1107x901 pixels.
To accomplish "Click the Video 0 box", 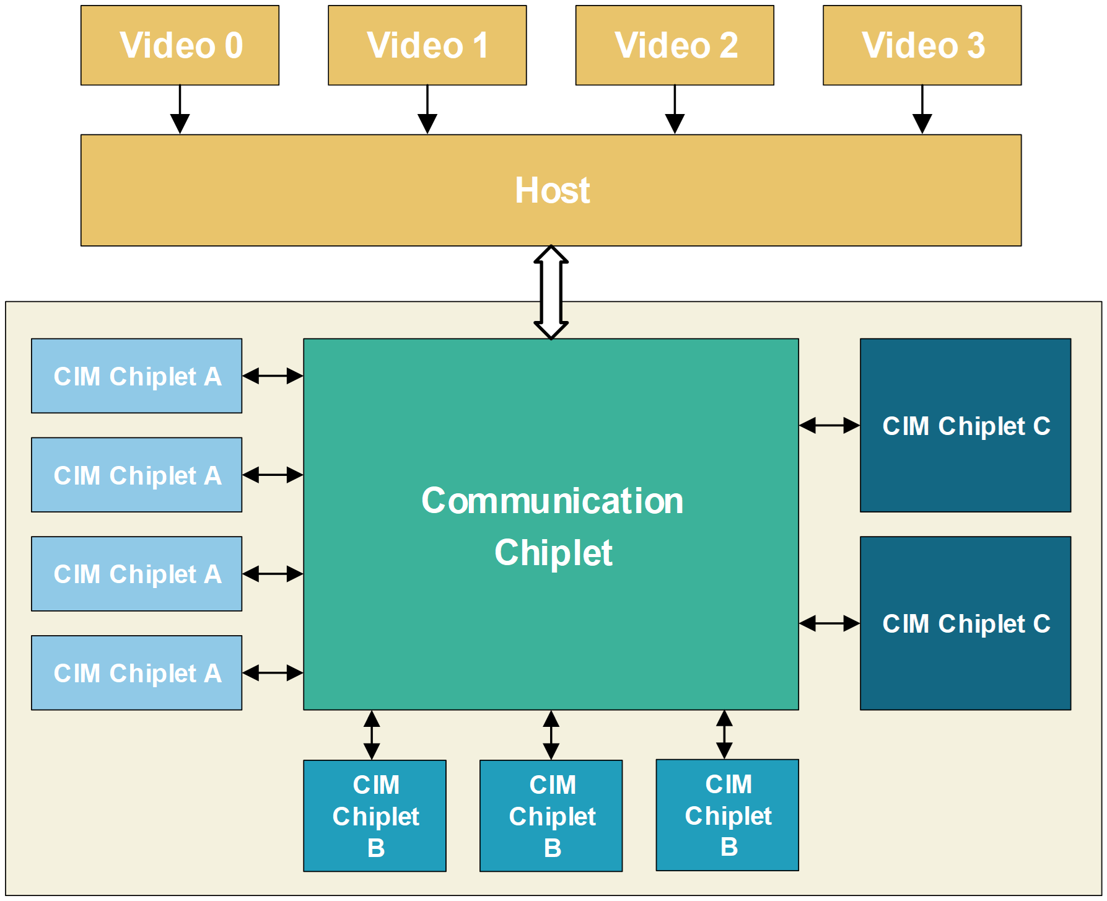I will (180, 45).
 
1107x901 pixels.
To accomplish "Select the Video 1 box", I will (427, 45).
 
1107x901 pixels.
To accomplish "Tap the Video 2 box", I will (675, 45).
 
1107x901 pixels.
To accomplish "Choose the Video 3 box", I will (922, 45).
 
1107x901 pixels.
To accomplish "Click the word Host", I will (552, 190).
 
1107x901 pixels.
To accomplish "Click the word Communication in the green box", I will (552, 501).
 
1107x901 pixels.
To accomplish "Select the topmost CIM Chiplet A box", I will (136, 376).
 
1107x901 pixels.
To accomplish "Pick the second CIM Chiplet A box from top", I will (136, 475).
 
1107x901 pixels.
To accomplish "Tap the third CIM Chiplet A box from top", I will (136, 574).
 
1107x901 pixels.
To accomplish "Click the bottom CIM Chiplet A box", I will (136, 672).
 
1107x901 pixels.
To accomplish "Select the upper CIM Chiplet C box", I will (965, 425).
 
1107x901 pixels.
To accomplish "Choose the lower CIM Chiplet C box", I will (965, 623).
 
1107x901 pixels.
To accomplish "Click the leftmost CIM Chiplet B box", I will (375, 815).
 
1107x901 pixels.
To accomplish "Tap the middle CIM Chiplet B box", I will (551, 815).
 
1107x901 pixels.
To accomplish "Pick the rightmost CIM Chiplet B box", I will (727, 815).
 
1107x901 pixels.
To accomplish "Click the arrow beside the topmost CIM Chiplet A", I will (273, 376).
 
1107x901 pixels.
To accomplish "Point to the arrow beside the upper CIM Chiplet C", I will (829, 425).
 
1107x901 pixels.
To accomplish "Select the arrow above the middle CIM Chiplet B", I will (551, 735).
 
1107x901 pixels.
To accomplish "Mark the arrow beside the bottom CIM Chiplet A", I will (273, 672).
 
